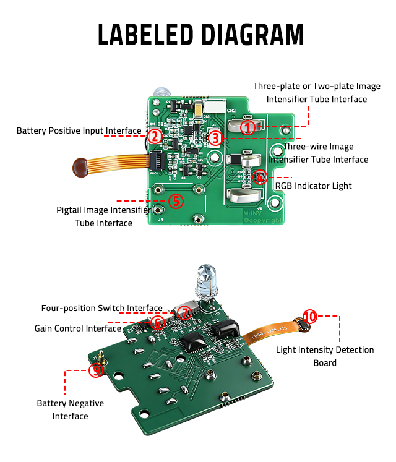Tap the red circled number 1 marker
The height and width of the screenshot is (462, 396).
(247, 128)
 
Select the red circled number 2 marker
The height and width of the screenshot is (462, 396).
(155, 136)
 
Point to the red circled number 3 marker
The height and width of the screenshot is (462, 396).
(215, 137)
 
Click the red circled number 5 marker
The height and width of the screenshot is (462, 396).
(176, 200)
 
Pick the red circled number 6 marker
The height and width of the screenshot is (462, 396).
(158, 322)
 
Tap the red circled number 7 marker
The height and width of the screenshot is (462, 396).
(184, 313)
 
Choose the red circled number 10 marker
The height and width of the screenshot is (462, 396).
(309, 317)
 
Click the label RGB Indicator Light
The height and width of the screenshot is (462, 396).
(313, 186)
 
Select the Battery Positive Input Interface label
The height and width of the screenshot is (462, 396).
(79, 131)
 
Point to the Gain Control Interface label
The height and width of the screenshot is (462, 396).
(77, 328)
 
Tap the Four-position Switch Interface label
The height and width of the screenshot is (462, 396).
(101, 308)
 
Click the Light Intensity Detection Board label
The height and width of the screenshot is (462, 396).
(324, 356)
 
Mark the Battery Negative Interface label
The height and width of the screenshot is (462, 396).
(70, 409)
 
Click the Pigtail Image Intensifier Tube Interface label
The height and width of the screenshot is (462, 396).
(103, 216)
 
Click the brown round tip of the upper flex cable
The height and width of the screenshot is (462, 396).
(80, 165)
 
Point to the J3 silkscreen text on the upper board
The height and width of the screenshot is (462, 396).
(160, 220)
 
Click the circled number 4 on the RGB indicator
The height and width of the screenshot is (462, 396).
(260, 177)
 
